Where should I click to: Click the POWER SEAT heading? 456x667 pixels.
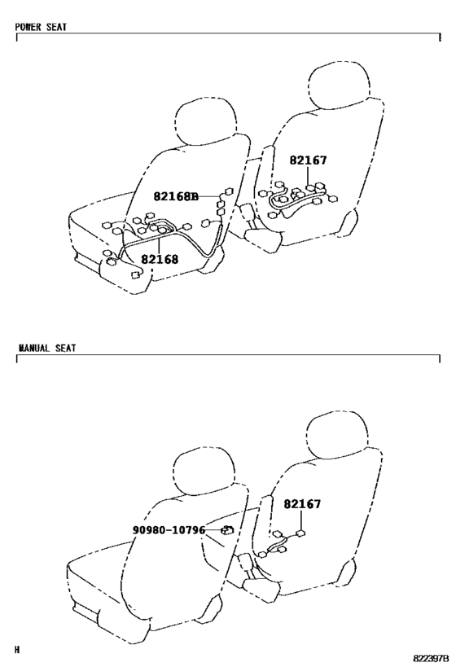pos(41,27)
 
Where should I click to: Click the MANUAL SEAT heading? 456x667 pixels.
pos(46,348)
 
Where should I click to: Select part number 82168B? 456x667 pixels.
pos(176,196)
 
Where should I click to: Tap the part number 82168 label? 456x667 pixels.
pos(160,259)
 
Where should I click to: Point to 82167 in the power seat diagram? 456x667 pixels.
pos(309,160)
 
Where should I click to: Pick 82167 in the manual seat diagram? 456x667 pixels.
pos(302,503)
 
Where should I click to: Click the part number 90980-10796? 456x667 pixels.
pos(169,530)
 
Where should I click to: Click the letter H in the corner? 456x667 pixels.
pos(17,650)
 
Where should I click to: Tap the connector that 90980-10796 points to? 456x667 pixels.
pos(227,529)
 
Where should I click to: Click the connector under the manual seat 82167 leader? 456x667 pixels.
pos(301,533)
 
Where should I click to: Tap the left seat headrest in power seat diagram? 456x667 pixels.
pos(206,122)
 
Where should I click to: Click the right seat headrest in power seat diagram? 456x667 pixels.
pos(339,85)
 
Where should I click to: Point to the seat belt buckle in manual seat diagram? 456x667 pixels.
pos(245,563)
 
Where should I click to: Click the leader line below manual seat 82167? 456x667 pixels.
pos(301,520)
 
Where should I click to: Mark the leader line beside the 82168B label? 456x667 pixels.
pos(208,196)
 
